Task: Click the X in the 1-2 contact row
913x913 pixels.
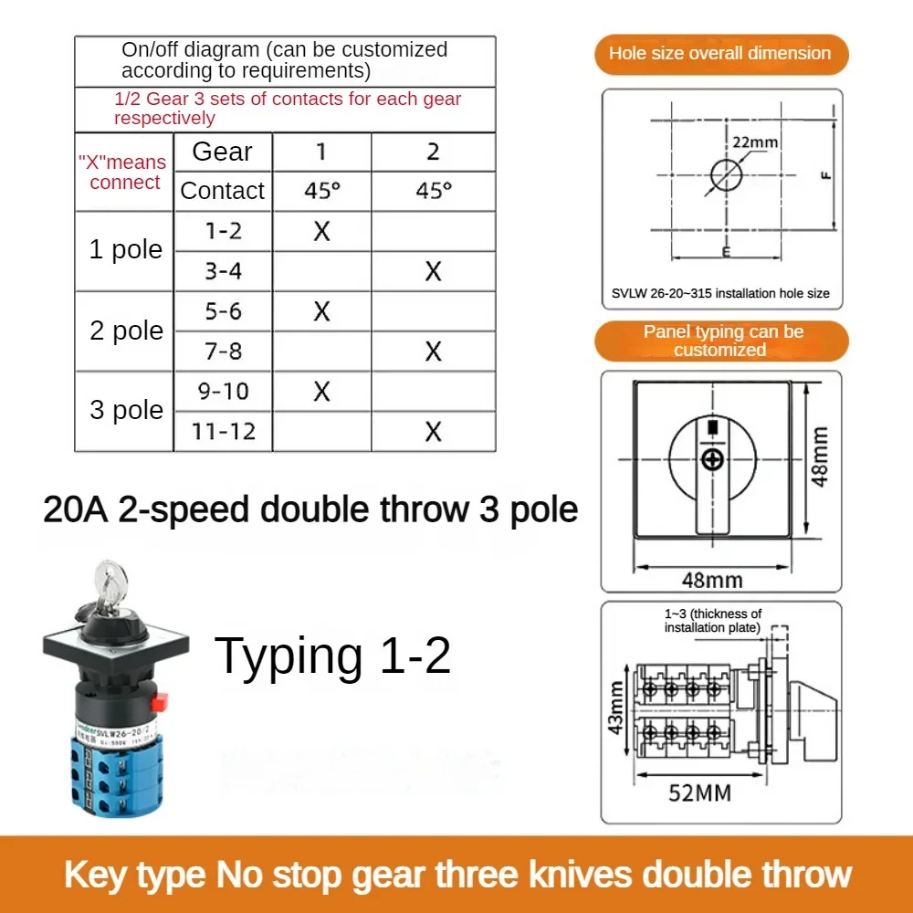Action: [x=321, y=232]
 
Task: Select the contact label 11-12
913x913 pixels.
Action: [x=223, y=431]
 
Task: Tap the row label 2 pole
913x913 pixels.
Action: [x=126, y=331]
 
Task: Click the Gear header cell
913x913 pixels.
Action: [x=223, y=152]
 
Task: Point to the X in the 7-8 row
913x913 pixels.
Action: [x=434, y=352]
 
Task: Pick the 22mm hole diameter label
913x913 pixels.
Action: [x=754, y=142]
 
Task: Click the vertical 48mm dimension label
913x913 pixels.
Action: [x=821, y=456]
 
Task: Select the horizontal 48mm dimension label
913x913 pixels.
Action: [x=712, y=579]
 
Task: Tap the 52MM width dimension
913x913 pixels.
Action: [x=700, y=792]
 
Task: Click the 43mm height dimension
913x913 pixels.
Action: [x=617, y=708]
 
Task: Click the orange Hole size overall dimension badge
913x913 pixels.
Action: [x=720, y=53]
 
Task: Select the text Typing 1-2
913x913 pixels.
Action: [x=332, y=656]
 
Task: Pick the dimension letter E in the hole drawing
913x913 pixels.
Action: [x=724, y=251]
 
